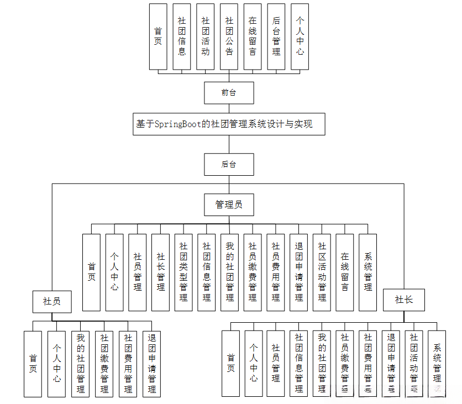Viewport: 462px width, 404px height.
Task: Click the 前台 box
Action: point(229,92)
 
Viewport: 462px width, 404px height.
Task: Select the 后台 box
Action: point(229,164)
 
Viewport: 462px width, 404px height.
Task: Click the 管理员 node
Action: point(229,204)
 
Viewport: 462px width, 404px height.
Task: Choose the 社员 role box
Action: point(52,301)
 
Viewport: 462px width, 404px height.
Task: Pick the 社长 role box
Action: point(403,300)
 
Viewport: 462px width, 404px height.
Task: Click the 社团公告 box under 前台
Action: point(229,36)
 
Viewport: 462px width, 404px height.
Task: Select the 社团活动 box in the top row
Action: point(206,36)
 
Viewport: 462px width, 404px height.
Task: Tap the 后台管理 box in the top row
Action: point(276,36)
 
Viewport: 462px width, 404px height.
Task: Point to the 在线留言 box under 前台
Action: point(253,36)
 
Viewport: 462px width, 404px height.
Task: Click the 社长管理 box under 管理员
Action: point(161,272)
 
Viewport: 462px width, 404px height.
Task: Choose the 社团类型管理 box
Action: point(183,272)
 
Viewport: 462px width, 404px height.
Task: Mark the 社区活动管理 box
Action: point(322,272)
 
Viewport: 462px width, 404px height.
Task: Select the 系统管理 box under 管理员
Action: point(368,272)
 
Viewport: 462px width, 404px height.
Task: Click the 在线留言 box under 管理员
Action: point(345,272)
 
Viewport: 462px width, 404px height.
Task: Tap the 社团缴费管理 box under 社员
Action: point(104,364)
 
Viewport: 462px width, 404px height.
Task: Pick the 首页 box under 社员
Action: point(33,364)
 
